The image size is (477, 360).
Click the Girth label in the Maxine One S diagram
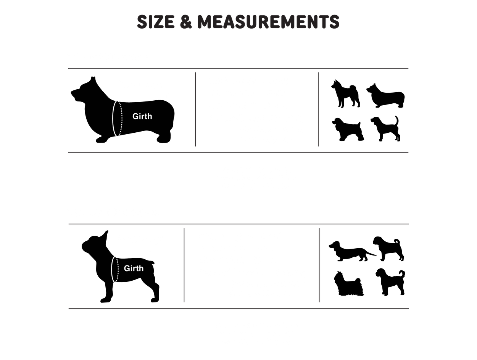(134, 268)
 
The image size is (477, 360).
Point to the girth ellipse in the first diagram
(117, 118)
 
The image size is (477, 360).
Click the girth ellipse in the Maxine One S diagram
(114, 270)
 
